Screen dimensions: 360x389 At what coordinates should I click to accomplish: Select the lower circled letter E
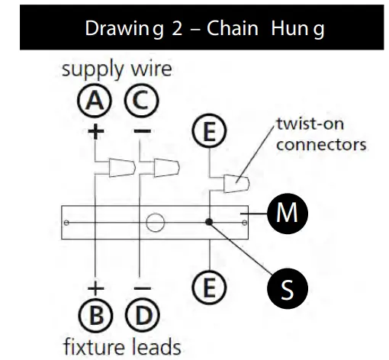click(209, 288)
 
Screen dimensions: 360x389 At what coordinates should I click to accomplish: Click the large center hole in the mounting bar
click(156, 223)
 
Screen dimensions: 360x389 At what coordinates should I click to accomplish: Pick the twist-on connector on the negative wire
click(164, 166)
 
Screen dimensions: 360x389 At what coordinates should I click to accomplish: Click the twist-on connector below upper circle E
click(234, 183)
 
